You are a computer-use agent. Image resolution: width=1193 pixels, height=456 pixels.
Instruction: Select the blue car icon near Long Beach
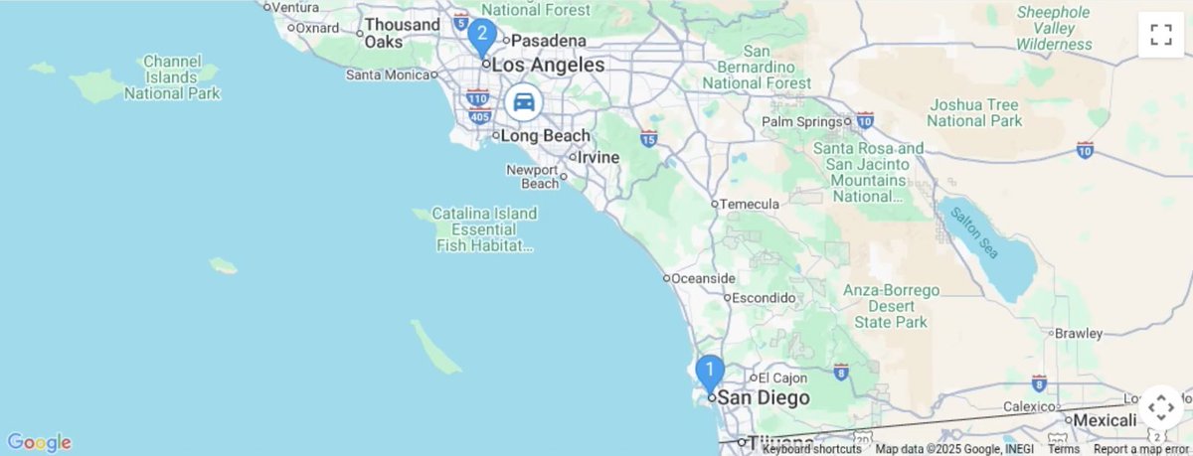(523, 101)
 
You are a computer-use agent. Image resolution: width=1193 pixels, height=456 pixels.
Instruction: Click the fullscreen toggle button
(1160, 35)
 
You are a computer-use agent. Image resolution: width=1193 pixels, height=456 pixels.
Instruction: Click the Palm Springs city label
(802, 122)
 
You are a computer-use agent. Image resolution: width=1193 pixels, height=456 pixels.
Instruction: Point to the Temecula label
(749, 204)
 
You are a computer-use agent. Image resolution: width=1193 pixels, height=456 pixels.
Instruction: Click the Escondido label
(763, 297)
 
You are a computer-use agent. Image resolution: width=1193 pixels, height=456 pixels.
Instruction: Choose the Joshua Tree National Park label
(974, 112)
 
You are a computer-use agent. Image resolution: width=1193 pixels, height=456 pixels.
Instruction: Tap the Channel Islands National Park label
(172, 77)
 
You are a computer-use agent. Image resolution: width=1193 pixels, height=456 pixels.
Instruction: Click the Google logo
(39, 442)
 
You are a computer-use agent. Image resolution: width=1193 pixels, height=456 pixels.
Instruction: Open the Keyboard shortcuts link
(812, 449)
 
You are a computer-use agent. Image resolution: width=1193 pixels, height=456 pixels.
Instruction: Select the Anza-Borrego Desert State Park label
(892, 306)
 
